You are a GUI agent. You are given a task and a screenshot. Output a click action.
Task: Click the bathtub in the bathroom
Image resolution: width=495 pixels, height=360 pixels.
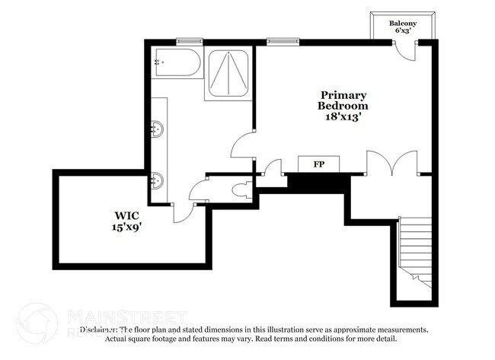(177, 63)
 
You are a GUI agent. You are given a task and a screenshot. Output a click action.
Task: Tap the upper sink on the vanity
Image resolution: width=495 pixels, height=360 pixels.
(158, 129)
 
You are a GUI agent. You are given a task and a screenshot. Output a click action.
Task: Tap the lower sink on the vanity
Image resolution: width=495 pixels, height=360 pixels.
(158, 181)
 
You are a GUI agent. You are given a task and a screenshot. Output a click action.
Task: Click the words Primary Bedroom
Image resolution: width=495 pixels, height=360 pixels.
(343, 100)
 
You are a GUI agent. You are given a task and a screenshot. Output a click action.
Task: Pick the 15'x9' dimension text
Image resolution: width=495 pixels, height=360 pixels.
(126, 227)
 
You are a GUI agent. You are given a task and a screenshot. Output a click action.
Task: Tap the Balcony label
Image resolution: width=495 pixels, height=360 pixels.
(402, 24)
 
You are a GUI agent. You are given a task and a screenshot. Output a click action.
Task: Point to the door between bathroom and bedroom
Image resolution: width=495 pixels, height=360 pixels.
(243, 145)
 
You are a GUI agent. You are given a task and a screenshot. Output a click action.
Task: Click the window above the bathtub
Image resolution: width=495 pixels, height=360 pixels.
(187, 40)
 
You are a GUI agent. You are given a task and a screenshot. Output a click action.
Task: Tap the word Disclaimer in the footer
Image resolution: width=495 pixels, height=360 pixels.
(98, 330)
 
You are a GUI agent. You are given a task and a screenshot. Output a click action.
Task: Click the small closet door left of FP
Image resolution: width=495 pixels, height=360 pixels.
(273, 172)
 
